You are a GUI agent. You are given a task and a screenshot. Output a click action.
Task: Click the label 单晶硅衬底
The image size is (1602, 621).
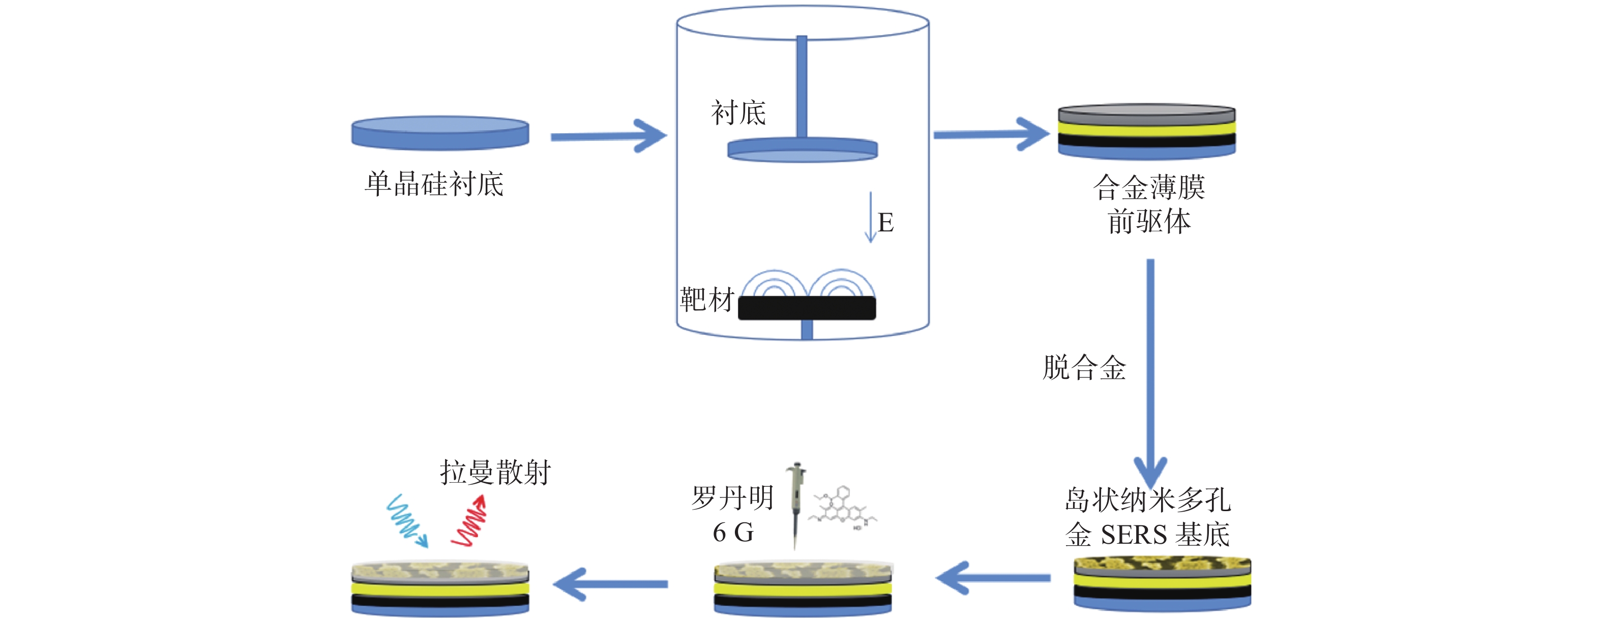(434, 184)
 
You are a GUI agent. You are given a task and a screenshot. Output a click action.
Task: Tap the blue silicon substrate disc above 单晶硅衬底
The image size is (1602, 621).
(440, 133)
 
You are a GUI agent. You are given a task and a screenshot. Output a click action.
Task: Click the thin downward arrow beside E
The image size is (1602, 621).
(871, 217)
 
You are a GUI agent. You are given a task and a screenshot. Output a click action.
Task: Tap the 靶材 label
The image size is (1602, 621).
(707, 300)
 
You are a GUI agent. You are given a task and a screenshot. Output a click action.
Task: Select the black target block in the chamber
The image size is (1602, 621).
(807, 308)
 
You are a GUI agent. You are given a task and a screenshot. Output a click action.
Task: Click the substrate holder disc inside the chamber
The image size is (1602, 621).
(802, 150)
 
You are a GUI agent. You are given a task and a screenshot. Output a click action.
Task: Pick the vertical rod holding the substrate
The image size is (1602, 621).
(802, 87)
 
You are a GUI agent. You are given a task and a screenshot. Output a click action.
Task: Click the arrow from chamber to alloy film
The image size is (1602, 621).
(991, 134)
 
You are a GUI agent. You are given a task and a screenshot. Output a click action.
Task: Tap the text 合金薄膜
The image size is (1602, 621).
(1149, 187)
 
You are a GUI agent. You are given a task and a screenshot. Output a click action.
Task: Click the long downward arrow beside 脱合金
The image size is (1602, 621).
(1150, 373)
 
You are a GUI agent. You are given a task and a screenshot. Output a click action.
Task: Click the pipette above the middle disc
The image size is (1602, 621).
(795, 505)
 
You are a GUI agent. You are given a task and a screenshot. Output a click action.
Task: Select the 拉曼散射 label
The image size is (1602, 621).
(496, 472)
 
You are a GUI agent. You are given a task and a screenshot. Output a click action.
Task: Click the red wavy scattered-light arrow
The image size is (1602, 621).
(469, 521)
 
